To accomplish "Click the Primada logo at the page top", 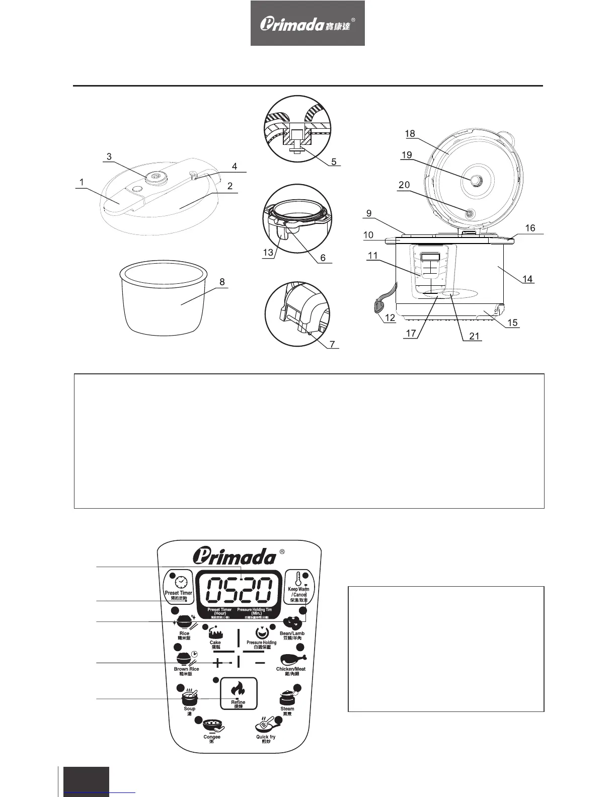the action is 307,24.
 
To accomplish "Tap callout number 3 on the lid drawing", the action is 109,156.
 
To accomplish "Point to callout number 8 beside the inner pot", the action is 222,282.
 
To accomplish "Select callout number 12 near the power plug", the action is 390,318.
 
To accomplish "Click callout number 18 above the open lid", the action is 410,133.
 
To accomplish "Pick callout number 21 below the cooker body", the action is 474,336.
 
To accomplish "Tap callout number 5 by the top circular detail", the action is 334,162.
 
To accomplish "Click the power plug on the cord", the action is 378,305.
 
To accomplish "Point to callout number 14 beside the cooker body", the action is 527,279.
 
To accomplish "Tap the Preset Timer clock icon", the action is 181,582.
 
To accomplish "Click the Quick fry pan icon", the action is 265,725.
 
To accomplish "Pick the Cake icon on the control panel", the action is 215,632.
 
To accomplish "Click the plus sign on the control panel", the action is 218,663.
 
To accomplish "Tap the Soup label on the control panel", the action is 189,708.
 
